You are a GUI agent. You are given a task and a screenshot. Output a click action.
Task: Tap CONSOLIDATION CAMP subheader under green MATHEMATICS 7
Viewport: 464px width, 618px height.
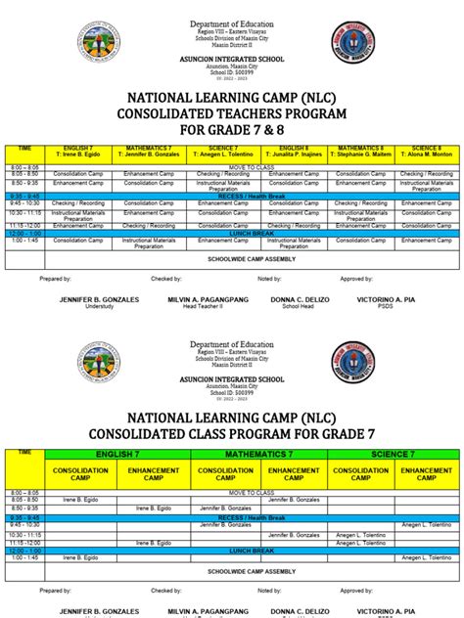coord(225,474)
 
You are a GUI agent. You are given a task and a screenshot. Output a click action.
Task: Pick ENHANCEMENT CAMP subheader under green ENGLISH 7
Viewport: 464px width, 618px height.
coord(156,474)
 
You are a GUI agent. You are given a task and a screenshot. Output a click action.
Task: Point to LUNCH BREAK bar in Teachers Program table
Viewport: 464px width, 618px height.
coord(232,233)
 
